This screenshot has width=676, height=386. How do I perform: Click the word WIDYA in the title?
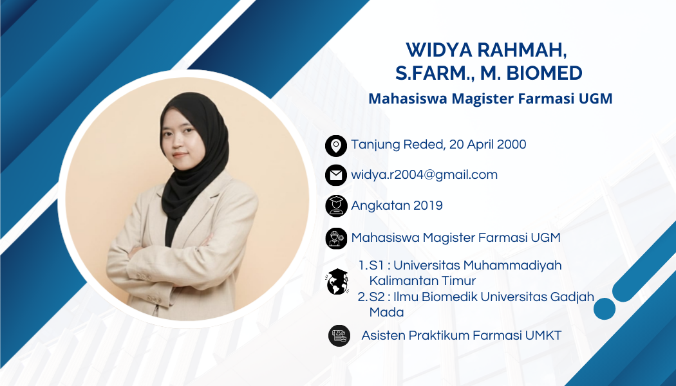click(x=439, y=50)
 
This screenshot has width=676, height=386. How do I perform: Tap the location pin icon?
click(x=336, y=145)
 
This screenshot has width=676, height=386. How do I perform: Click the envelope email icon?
click(x=336, y=176)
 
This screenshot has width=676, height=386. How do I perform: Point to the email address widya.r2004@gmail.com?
click(x=424, y=174)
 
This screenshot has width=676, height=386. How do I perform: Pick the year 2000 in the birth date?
click(x=511, y=144)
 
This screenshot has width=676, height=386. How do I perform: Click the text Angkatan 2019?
click(x=397, y=205)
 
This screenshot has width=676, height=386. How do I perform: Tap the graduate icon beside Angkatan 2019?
click(x=336, y=205)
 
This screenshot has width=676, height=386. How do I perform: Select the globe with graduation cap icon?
click(x=337, y=281)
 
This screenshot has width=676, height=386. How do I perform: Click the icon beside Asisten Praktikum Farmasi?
click(x=339, y=336)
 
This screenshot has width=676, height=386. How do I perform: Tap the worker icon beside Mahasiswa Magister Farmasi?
click(x=336, y=238)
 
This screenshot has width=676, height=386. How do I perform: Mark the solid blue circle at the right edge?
click(x=605, y=308)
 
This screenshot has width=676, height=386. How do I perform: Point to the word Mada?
click(x=386, y=312)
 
